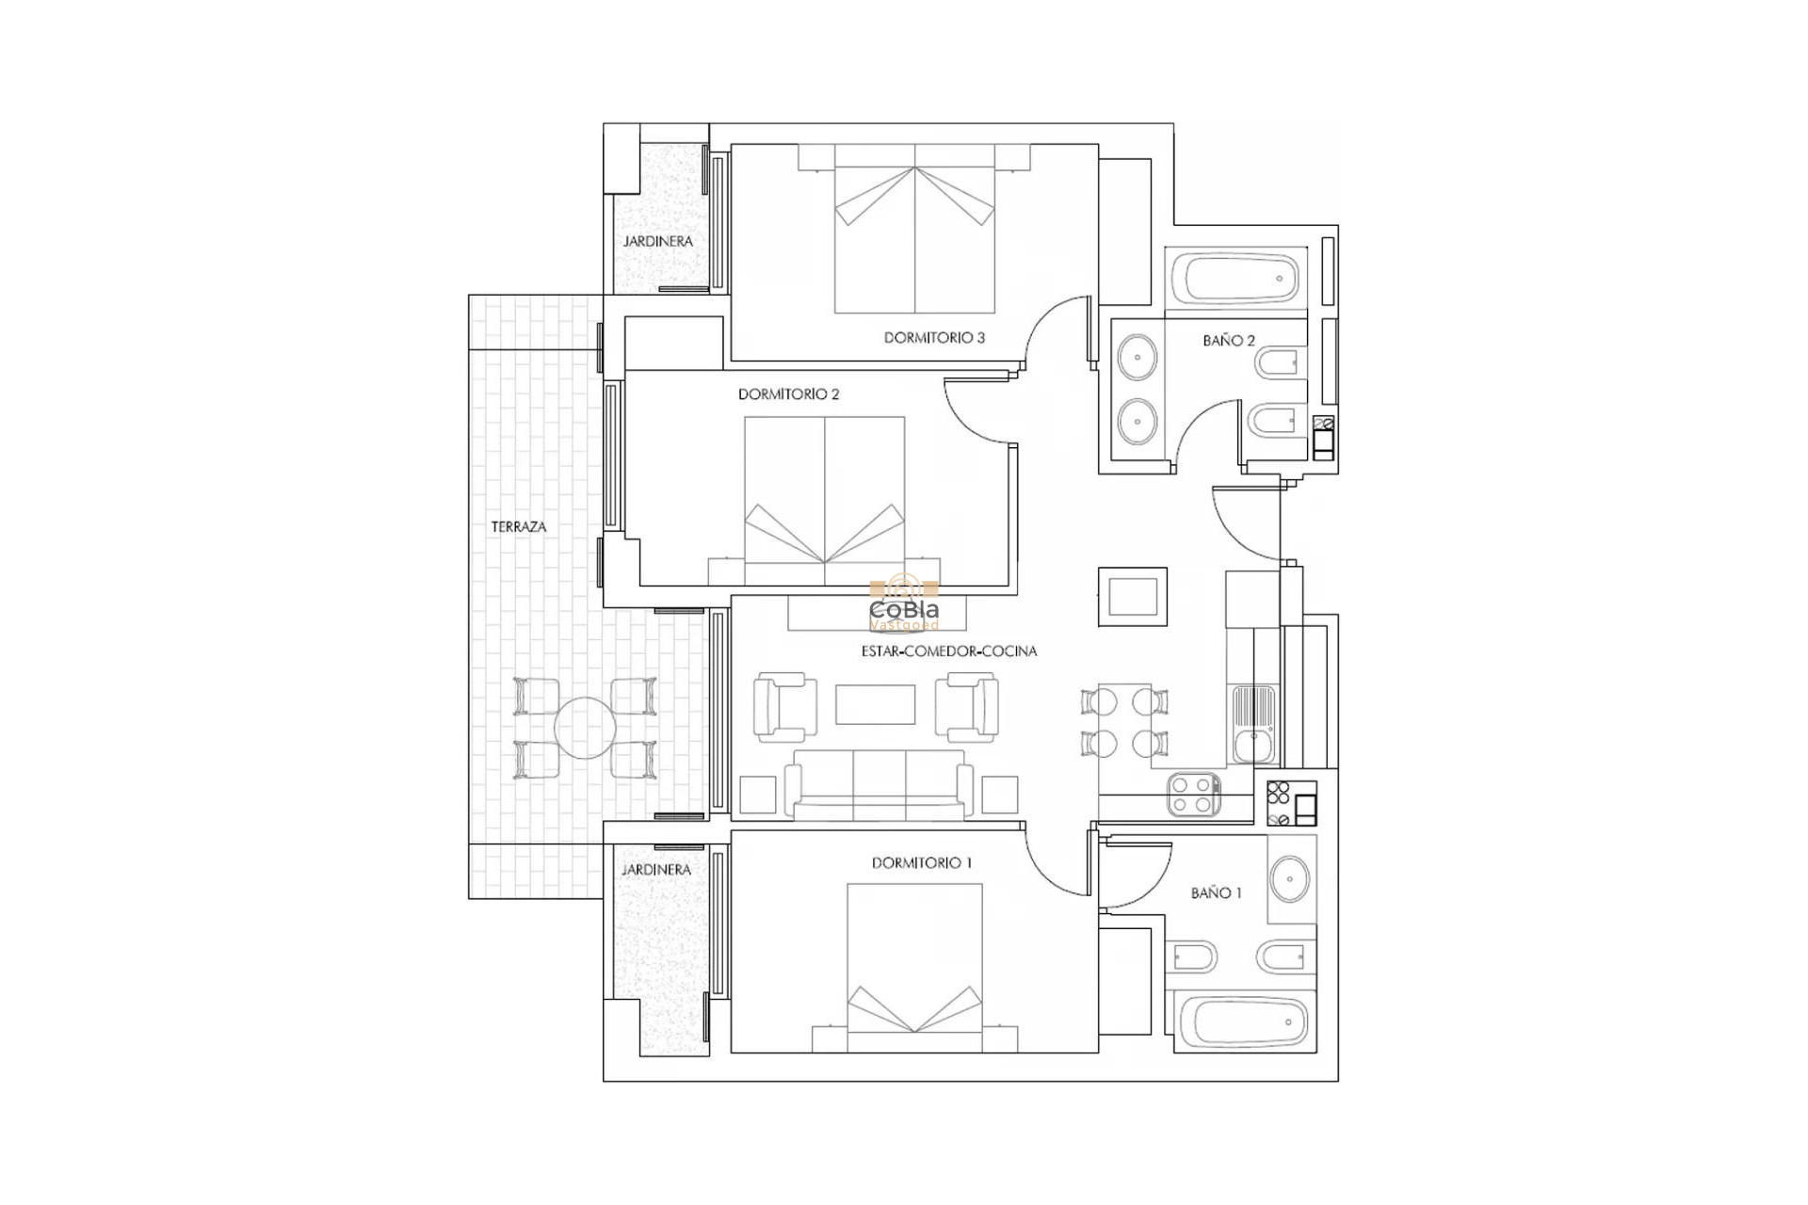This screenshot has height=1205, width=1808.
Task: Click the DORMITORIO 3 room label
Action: (x=933, y=337)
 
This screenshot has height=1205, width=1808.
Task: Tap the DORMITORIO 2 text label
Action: (x=788, y=394)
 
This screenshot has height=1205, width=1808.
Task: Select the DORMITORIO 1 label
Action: (x=921, y=862)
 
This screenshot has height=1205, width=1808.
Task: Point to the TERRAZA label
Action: (x=518, y=527)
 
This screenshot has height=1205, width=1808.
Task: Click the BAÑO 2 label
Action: (x=1228, y=341)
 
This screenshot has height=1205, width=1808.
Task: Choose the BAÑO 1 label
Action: (x=1216, y=892)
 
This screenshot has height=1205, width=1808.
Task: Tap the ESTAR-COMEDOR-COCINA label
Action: (x=948, y=651)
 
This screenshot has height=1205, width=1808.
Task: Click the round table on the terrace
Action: (x=585, y=728)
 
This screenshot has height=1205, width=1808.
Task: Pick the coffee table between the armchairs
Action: (x=875, y=704)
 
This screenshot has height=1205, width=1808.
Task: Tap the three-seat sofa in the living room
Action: (x=879, y=783)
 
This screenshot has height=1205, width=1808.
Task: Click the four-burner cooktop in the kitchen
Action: (x=1194, y=794)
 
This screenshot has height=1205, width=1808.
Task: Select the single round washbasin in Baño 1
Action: (x=1289, y=879)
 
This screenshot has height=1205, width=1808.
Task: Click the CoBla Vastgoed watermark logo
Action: (x=903, y=607)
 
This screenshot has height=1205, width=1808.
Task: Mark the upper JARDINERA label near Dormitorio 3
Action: (x=657, y=241)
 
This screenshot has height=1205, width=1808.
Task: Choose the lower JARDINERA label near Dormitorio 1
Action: (x=656, y=870)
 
